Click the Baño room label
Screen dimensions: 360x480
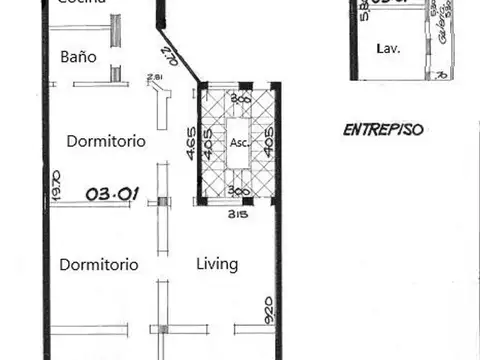(x=78, y=57)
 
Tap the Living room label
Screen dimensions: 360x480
(x=217, y=264)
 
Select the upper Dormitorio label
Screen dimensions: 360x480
(x=106, y=141)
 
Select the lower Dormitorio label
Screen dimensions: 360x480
(x=98, y=265)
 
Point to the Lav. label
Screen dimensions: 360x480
(x=387, y=48)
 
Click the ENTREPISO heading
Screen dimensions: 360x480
(x=384, y=130)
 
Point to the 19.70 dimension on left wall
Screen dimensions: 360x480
(x=56, y=188)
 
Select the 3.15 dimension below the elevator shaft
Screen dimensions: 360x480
(x=237, y=214)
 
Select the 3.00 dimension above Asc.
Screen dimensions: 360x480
(x=239, y=99)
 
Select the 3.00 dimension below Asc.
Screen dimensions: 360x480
(x=238, y=190)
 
